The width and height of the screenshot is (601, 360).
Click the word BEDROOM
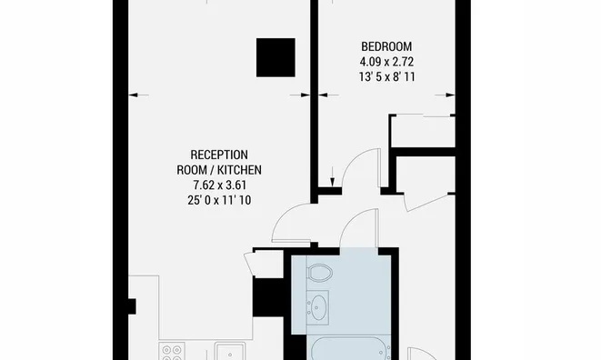[386, 46]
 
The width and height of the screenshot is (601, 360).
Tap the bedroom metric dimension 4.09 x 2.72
[386, 62]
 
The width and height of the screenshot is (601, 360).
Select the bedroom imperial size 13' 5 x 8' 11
[386, 77]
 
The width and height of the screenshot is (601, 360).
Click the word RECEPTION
[219, 155]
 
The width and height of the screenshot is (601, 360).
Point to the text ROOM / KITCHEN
[219, 170]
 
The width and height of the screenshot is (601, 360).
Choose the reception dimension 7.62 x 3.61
[219, 185]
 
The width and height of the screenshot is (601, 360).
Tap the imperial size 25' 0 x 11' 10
[219, 201]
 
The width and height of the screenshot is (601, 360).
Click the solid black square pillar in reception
[275, 57]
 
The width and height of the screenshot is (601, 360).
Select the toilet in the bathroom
[319, 273]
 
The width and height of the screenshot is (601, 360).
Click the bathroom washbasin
[317, 307]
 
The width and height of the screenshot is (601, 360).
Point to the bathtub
[348, 348]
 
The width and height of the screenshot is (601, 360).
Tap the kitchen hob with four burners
[172, 352]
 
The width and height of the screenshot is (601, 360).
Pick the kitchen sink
[230, 351]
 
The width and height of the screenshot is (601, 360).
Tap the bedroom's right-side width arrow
[445, 95]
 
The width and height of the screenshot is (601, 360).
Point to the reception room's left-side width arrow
[139, 95]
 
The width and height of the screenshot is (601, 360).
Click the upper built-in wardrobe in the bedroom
[423, 131]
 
